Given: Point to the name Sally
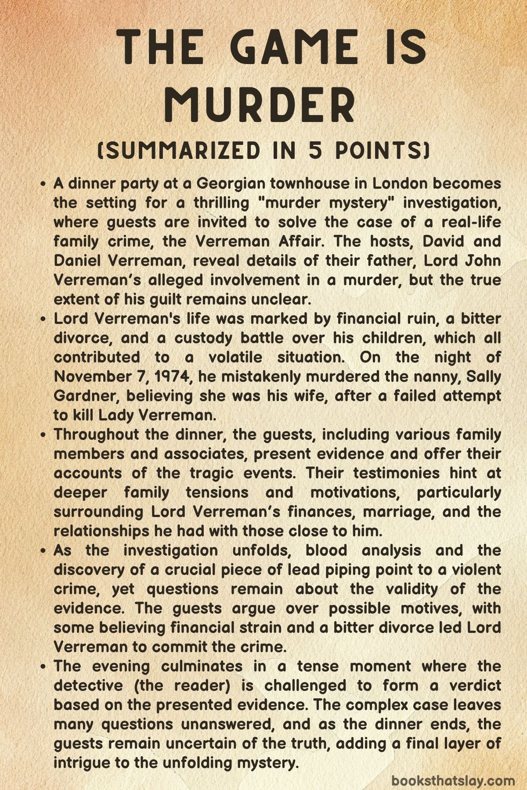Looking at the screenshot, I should [483, 377].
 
